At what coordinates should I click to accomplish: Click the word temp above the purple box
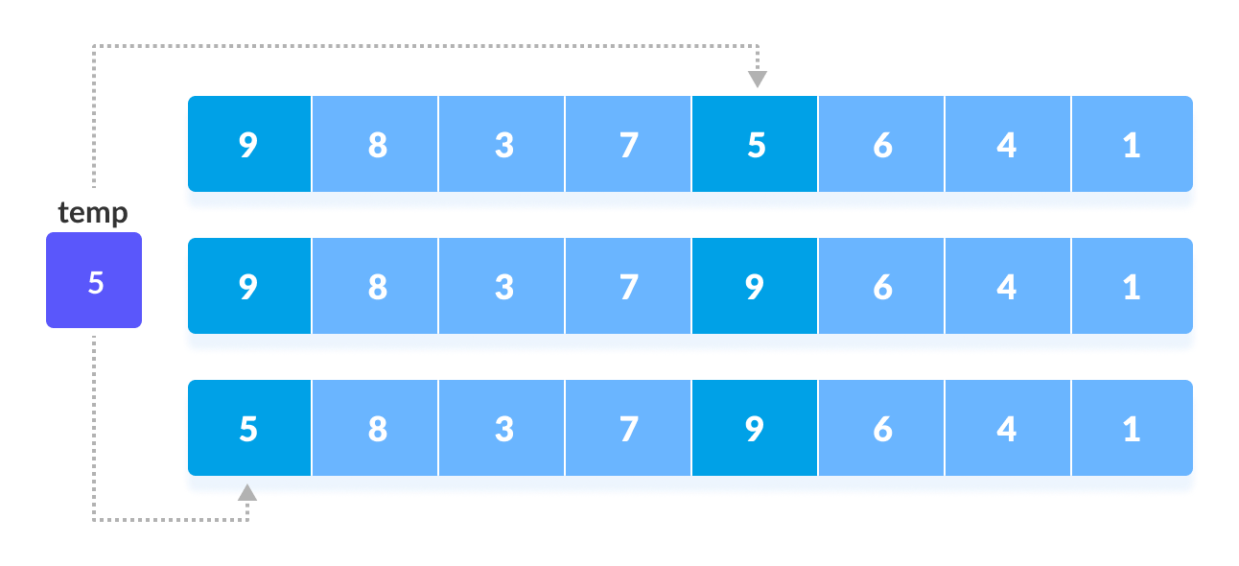coord(93,212)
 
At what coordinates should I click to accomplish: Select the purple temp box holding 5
coord(94,280)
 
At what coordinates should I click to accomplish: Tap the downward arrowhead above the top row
coord(757,80)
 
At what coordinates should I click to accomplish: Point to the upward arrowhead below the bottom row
coord(247,492)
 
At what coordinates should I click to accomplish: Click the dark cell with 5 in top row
coord(755,145)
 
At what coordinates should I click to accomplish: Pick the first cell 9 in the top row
coord(249,145)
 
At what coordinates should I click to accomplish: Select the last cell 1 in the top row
coord(1132,145)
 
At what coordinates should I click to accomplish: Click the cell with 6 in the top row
coord(881,145)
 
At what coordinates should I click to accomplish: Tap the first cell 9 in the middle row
coord(249,287)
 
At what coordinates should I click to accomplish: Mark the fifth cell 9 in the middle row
coord(755,287)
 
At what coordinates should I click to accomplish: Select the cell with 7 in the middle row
coord(628,287)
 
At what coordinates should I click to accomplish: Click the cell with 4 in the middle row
coord(1007,287)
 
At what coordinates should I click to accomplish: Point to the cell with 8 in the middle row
coord(376,287)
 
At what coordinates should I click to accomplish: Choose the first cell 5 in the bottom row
coord(249,429)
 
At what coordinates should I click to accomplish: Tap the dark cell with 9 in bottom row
coord(755,429)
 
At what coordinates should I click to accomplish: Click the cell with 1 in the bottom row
coord(1132,429)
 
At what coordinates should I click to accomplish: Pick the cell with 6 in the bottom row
coord(881,429)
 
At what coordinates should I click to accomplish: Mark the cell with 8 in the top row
coord(376,145)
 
